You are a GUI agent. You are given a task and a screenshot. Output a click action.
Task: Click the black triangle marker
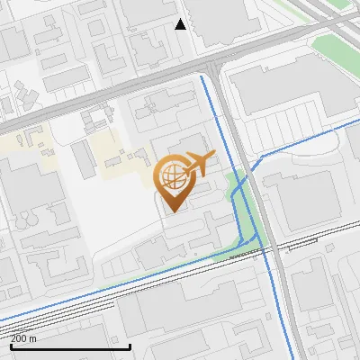click(181, 24)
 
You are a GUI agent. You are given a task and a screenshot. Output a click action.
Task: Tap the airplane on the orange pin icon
click(199, 164)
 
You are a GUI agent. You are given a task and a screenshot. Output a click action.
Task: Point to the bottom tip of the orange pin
click(172, 211)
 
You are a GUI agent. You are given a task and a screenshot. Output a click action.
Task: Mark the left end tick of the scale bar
click(11, 346)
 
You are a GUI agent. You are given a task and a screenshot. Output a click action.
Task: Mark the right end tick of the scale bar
click(130, 346)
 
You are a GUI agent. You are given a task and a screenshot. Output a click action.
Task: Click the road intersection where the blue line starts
click(202, 76)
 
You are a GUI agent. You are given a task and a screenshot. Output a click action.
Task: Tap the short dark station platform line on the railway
click(243, 255)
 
